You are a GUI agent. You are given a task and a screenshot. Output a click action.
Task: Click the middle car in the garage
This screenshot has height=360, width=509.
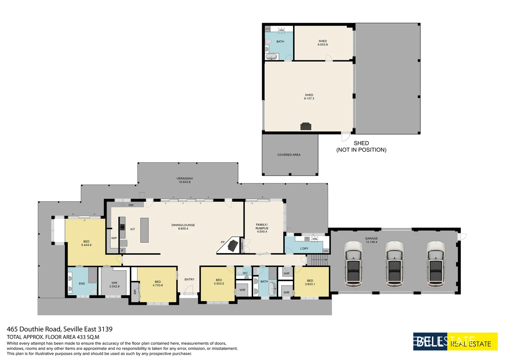coord(394,264)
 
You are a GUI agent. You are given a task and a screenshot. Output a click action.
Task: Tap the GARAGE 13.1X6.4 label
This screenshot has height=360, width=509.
coord(371,240)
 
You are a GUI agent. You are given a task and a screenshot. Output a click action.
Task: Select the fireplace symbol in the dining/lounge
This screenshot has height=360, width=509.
coord(233,246)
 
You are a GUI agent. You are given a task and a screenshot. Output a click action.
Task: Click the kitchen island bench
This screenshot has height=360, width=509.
coord(144,230)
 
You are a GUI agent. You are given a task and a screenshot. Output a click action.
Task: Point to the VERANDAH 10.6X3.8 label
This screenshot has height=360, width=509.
coord(185,180)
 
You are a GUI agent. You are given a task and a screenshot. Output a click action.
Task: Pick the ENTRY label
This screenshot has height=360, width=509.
coord(189,279)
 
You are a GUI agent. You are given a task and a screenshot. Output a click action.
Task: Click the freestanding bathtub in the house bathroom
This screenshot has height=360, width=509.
coord(272,288)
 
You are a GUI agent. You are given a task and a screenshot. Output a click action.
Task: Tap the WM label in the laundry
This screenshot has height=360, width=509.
coord(315,239)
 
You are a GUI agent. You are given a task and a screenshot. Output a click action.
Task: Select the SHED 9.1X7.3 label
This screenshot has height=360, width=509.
coord(309,97)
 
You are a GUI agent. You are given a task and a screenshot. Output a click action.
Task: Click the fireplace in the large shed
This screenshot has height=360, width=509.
coord(306,126)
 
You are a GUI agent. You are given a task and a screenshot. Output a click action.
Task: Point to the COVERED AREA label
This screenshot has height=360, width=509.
coord(289,155)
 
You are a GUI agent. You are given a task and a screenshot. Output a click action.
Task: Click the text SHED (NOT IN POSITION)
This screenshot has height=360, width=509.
coord(361,146)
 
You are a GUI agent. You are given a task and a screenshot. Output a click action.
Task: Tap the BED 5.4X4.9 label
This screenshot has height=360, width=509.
coord(86,243)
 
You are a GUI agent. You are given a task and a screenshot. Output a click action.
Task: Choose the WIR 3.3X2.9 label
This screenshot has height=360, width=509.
coord(114,285)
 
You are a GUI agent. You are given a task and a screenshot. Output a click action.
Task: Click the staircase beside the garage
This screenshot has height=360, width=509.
coord(317,260)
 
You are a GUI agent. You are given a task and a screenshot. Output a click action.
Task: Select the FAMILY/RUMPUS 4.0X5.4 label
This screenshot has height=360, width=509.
coord(262,228)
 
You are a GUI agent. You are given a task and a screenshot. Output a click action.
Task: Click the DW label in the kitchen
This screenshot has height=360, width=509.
coord(131,205)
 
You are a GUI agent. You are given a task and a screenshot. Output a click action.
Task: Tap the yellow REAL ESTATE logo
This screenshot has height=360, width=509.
coord(472,342)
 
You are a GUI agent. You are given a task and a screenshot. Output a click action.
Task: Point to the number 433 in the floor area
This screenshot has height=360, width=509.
coord(82,337)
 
